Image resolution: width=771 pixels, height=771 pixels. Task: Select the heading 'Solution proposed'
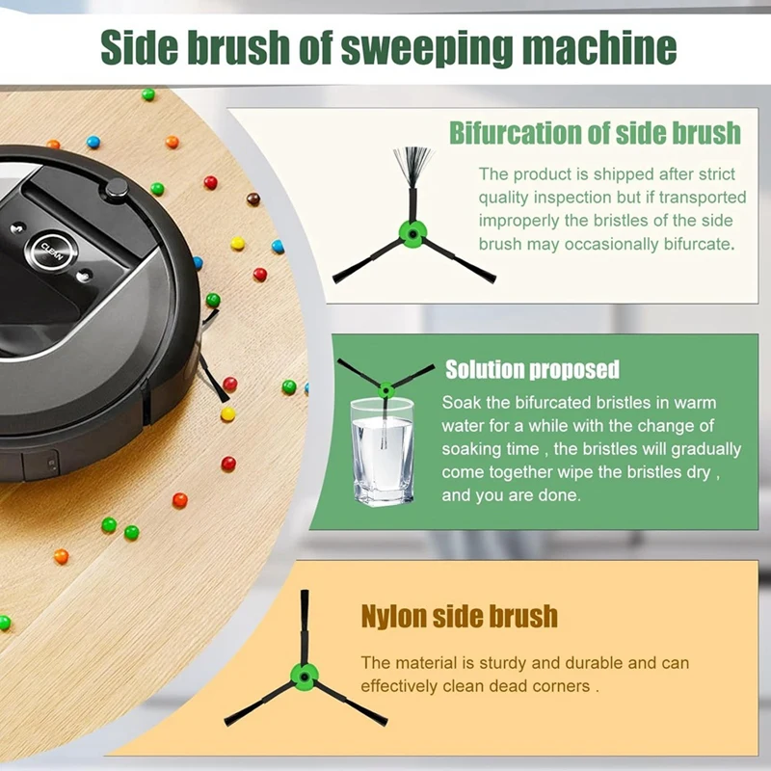(x=532, y=370)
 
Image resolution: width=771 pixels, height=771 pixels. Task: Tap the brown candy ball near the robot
(x=253, y=199)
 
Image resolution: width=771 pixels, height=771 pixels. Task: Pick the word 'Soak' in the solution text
(x=461, y=402)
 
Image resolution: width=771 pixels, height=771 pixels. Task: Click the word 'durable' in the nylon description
(x=578, y=663)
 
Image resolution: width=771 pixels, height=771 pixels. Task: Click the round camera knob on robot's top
(x=118, y=188)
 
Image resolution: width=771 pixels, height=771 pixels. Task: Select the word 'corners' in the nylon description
(x=561, y=686)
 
